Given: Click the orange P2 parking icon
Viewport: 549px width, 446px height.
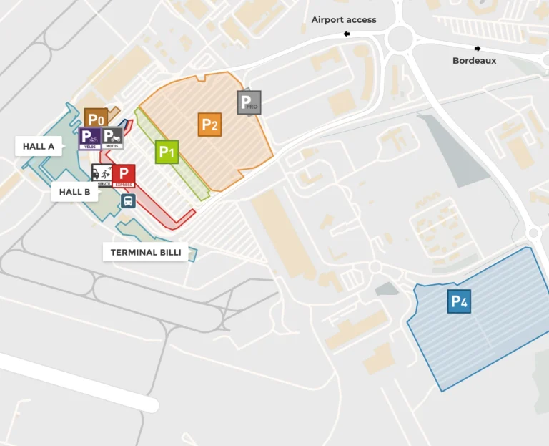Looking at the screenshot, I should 209,125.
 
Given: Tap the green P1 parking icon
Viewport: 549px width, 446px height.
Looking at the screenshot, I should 167,152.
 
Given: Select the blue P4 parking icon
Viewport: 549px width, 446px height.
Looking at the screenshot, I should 459,301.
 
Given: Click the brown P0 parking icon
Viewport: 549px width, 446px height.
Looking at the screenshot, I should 96,118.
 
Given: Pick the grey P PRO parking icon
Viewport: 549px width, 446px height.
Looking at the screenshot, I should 249,102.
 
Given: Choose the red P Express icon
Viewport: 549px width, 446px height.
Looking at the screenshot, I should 124,175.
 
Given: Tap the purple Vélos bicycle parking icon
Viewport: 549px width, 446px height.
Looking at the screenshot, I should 89,138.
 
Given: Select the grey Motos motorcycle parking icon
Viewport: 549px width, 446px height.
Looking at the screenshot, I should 112,138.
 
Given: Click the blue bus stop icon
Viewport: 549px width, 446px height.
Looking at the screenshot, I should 128,201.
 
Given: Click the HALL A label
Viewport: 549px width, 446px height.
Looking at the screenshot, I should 39,147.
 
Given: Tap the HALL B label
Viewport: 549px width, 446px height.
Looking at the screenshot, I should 74,192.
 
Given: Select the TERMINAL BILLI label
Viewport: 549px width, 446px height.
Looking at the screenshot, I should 145,253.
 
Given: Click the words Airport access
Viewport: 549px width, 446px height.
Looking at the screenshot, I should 344,20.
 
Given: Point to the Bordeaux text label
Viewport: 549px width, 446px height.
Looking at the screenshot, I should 474,61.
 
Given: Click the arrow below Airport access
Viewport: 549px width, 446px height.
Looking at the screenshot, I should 347,34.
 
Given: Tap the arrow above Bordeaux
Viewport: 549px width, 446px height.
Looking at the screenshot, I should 478,49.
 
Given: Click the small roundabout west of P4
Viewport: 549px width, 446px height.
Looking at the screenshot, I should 375,267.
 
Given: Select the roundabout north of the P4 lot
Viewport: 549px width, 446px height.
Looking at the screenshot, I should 533,233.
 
